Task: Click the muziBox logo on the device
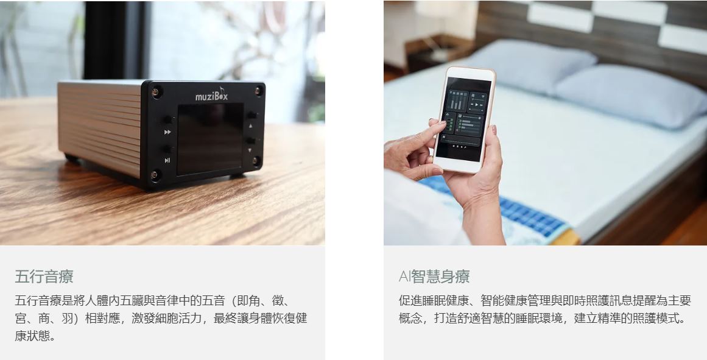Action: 211,94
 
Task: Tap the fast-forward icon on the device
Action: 167,132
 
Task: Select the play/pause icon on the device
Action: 167,160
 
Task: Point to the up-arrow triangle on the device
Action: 250,126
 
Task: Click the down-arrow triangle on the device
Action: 250,150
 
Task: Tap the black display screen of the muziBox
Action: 210,138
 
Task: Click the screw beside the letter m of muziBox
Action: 156,92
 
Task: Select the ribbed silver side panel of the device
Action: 100,126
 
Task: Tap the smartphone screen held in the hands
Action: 463,119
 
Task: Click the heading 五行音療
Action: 44,277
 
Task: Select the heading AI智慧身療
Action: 434,276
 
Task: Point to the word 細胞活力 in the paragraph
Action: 178,318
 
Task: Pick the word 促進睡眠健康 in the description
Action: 434,300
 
